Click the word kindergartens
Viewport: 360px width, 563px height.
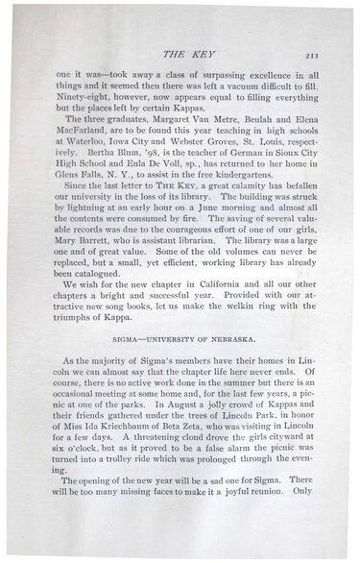tap(250, 197)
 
